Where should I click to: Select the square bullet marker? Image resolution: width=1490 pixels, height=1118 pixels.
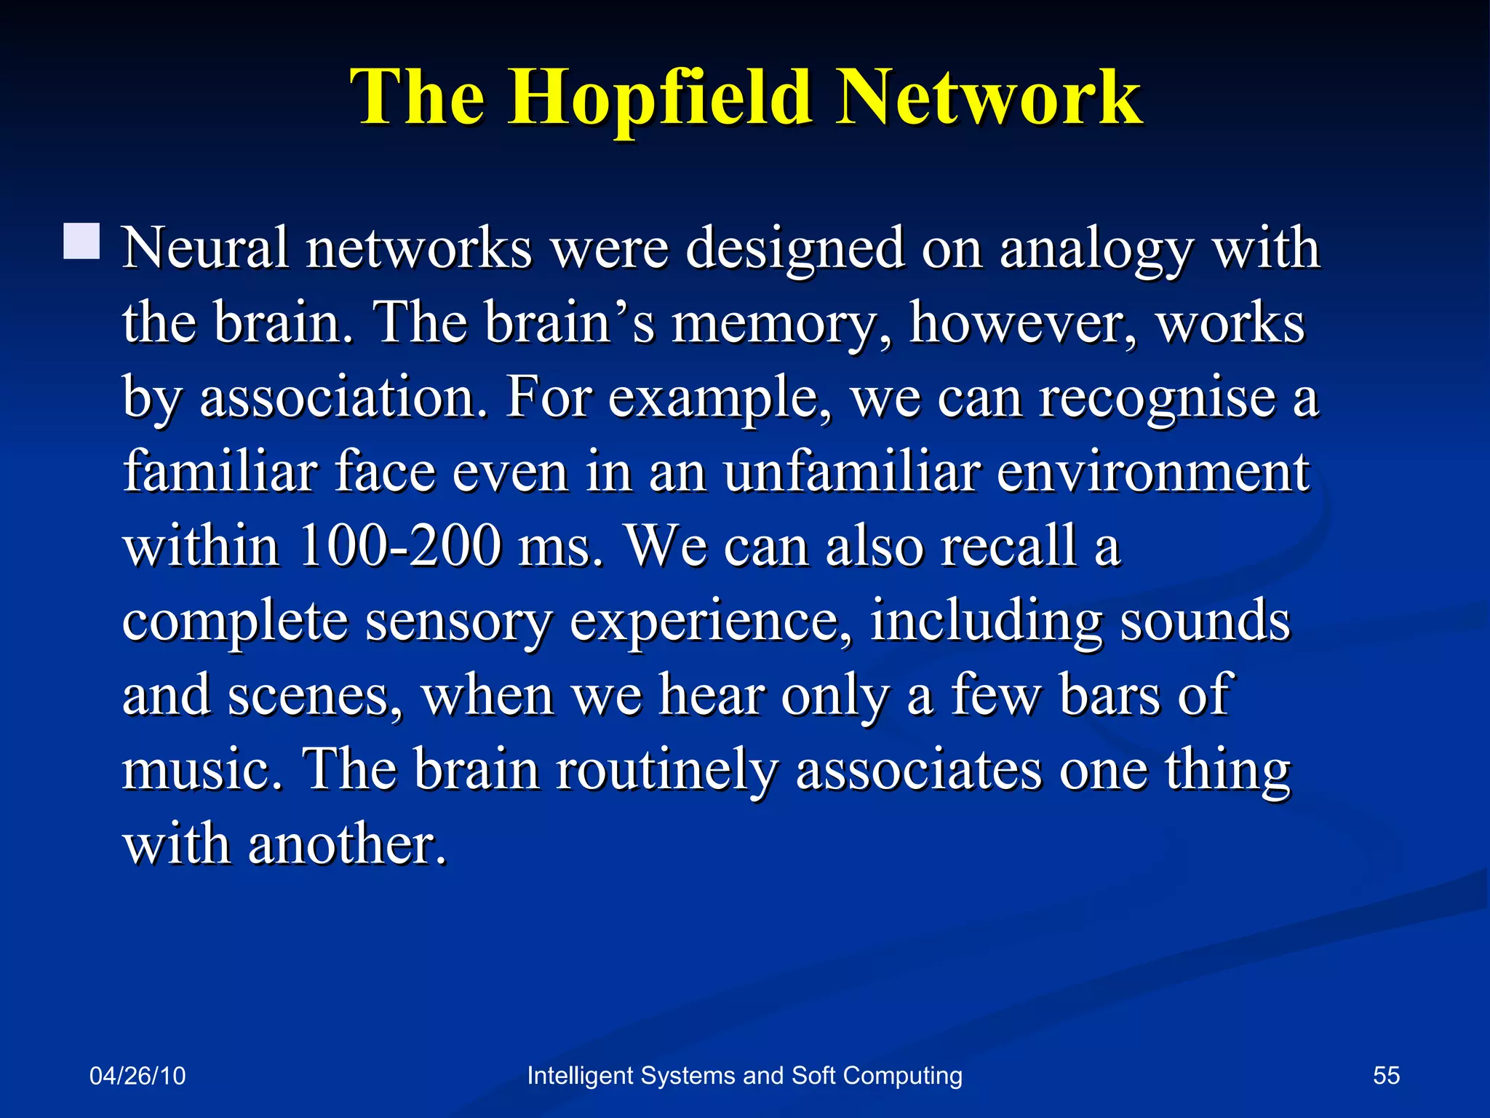tap(81, 242)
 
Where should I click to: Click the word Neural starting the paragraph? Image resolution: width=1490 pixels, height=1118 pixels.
tap(204, 249)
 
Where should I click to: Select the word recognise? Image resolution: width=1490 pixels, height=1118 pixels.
tap(1157, 399)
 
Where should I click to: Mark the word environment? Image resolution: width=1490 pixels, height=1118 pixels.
tap(1152, 473)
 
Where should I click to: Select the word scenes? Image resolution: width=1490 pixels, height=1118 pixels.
tap(314, 697)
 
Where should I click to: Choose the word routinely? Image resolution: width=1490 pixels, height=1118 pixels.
tap(666, 772)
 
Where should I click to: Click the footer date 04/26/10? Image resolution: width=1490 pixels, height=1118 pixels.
tap(138, 1076)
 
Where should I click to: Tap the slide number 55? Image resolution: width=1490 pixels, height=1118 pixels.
tap(1386, 1076)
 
